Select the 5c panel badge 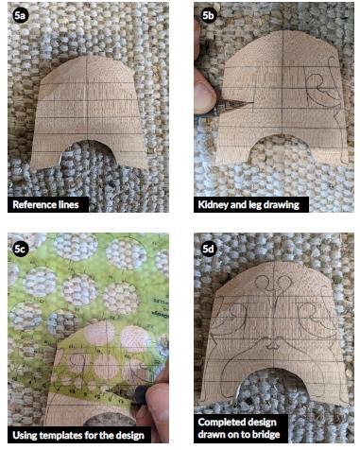[21, 250]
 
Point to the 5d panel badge [208, 250]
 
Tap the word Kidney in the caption [216, 202]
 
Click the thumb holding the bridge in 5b [202, 91]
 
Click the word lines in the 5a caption [76, 202]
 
